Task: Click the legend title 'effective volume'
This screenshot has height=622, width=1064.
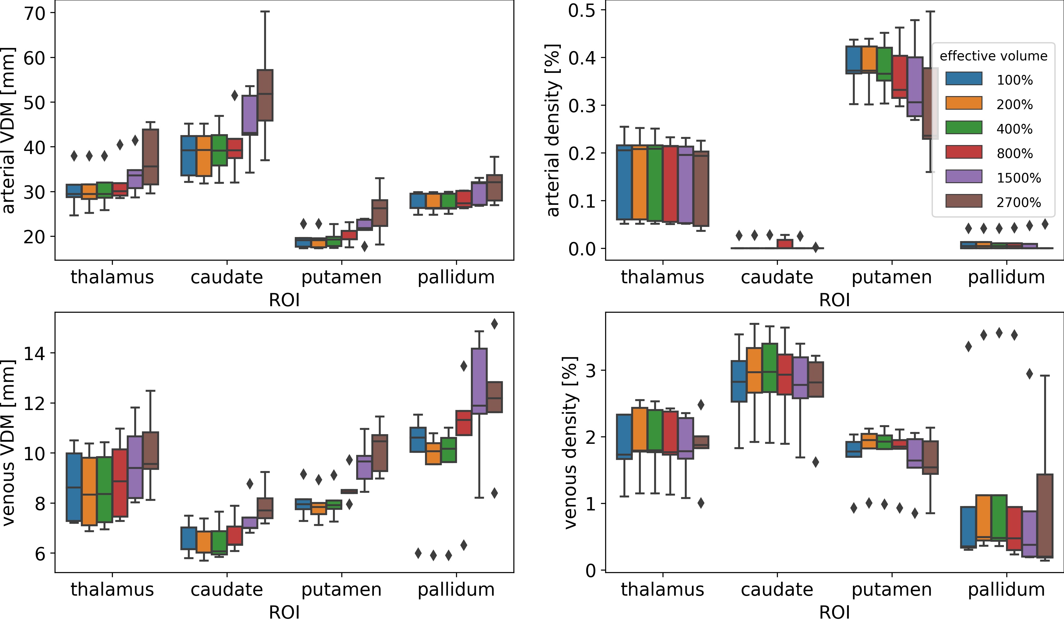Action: pos(993,56)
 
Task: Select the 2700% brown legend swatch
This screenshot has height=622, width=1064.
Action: pos(964,201)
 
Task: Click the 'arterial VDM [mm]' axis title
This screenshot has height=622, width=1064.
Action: pos(8,131)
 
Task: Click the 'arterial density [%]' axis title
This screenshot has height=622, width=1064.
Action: pos(553,131)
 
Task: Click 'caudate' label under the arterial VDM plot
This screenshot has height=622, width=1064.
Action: pos(227,277)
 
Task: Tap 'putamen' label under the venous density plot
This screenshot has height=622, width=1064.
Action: pos(891,589)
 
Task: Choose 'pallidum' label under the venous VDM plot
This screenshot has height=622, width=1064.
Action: pos(456,589)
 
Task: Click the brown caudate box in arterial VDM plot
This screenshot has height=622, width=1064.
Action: pos(265,95)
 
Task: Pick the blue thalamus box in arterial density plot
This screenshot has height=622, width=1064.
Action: pos(624,182)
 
